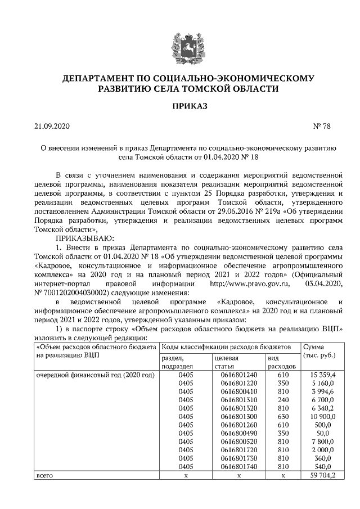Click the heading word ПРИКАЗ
click(x=179, y=106)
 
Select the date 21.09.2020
click(x=51, y=126)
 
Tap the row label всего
click(x=44, y=475)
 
